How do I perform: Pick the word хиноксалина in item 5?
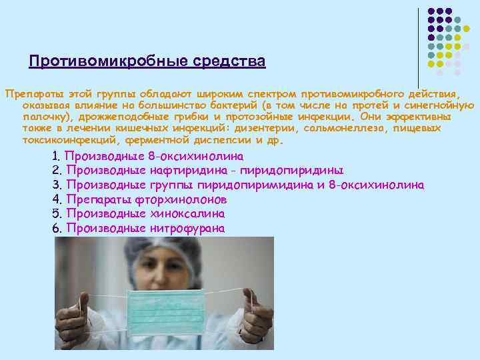point(186,214)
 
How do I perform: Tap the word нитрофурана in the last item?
point(187,229)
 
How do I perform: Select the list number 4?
point(56,199)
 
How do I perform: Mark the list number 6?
point(56,229)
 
